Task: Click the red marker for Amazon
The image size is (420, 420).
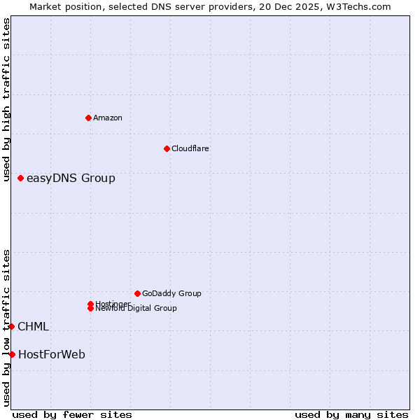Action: pyautogui.click(x=88, y=118)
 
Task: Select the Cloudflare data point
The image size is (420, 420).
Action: pyautogui.click(x=167, y=148)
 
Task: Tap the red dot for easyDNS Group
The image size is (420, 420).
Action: pyautogui.click(x=21, y=178)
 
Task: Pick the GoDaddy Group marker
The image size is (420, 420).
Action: pyautogui.click(x=137, y=293)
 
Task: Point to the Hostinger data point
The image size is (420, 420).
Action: pyautogui.click(x=90, y=304)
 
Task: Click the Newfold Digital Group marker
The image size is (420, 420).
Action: pyautogui.click(x=90, y=308)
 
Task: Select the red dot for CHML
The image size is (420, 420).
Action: pyautogui.click(x=12, y=326)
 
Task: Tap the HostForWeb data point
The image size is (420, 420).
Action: pyautogui.click(x=13, y=354)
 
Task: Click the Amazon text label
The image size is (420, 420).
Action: pyautogui.click(x=108, y=118)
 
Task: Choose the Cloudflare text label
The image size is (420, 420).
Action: pyautogui.click(x=190, y=148)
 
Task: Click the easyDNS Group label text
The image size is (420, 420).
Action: pyautogui.click(x=71, y=178)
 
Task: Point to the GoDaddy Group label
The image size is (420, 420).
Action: pyautogui.click(x=171, y=293)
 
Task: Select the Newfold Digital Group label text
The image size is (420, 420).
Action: pyautogui.click(x=136, y=309)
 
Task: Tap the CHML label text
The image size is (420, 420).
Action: pyautogui.click(x=33, y=326)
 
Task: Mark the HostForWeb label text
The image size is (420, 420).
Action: pyautogui.click(x=52, y=354)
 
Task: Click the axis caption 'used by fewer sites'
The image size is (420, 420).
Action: pyautogui.click(x=72, y=414)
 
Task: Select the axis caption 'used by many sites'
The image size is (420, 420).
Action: pyautogui.click(x=351, y=414)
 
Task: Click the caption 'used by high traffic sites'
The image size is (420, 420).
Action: pyautogui.click(x=6, y=99)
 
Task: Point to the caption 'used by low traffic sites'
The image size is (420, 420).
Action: pyautogui.click(x=6, y=328)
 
